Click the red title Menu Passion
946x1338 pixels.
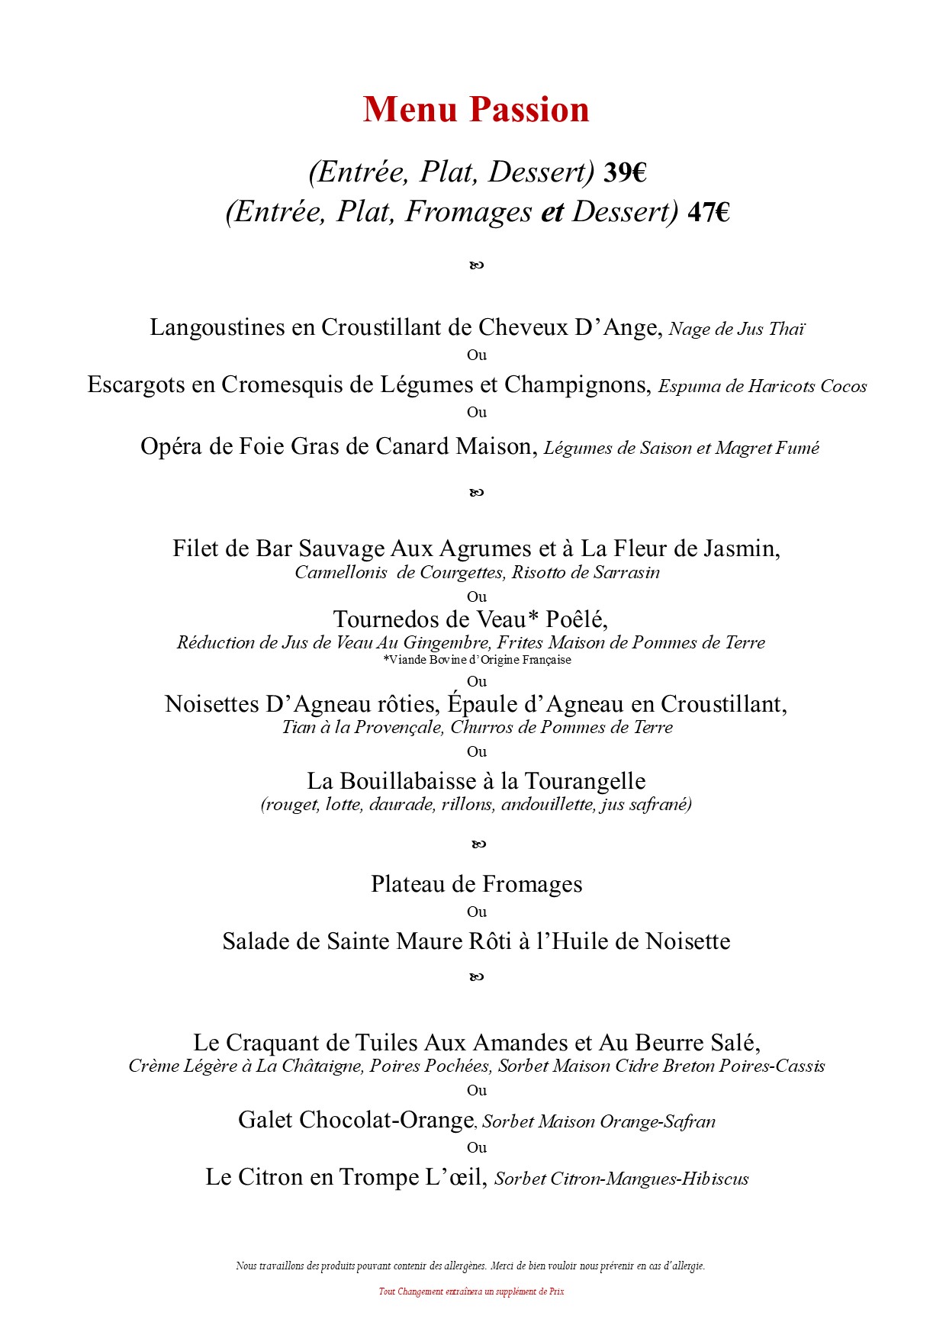(476, 110)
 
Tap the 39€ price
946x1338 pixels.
(625, 173)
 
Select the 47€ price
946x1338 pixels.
(709, 213)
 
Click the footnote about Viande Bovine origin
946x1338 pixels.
(477, 660)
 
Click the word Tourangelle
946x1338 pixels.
(585, 782)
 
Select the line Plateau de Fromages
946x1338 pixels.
(476, 885)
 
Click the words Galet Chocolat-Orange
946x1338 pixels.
(356, 1121)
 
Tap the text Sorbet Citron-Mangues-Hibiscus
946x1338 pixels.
(621, 1179)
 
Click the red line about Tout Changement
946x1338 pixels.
(471, 1291)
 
